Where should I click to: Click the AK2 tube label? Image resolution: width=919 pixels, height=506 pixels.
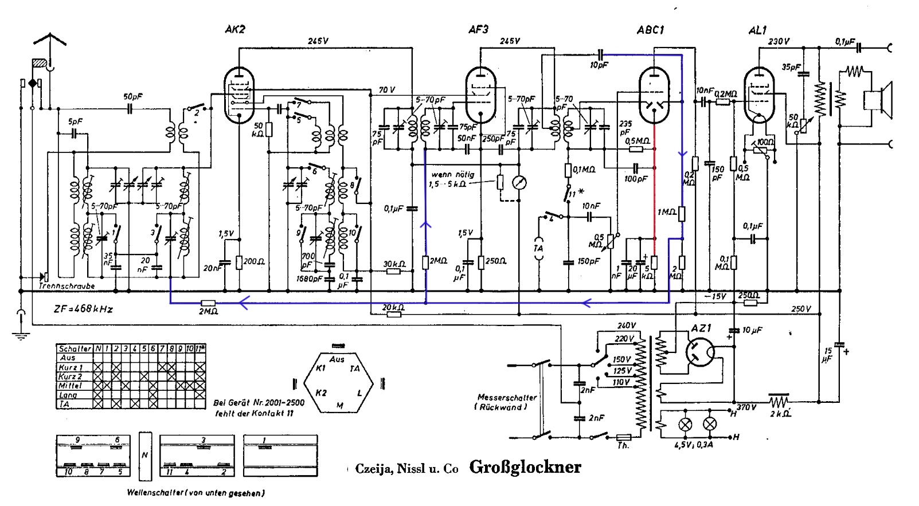click(236, 30)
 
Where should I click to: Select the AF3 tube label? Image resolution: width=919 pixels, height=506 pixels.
click(478, 30)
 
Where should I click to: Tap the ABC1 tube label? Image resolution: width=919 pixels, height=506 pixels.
click(651, 30)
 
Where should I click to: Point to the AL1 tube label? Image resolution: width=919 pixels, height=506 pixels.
click(758, 30)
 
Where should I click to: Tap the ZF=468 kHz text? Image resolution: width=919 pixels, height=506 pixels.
click(83, 309)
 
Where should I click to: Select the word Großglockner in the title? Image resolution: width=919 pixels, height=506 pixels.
click(525, 467)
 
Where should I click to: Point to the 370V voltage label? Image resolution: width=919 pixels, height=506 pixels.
click(746, 407)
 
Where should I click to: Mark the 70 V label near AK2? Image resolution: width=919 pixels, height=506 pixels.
click(387, 90)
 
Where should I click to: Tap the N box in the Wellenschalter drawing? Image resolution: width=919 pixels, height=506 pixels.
click(145, 456)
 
